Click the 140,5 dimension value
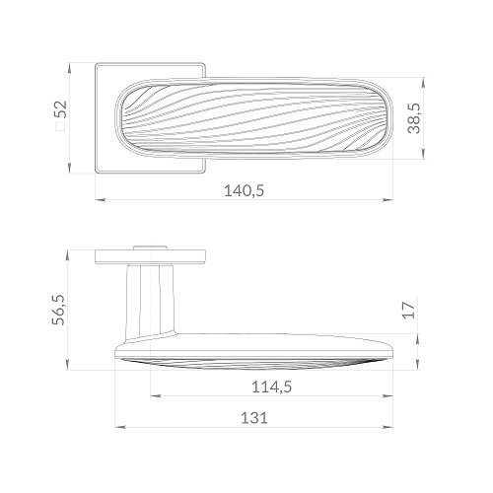[x=244, y=190]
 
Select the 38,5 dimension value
[x=414, y=118]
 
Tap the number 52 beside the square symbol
[x=60, y=109]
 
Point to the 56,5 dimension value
[x=59, y=311]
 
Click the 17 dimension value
[x=409, y=310]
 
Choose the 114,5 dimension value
[x=271, y=387]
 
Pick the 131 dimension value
[x=254, y=418]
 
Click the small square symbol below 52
[x=60, y=127]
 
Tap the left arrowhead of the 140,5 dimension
[x=101, y=199]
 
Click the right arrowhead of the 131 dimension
[x=388, y=427]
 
